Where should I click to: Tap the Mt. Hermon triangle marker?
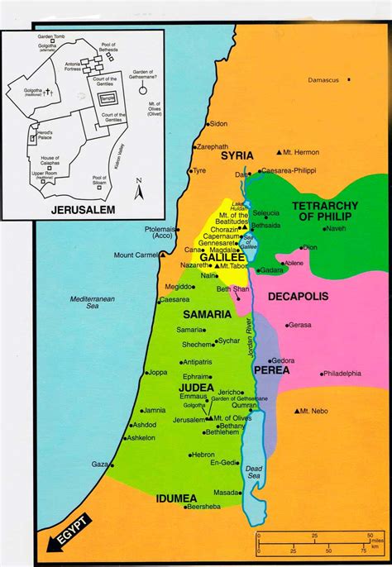coord(279,154)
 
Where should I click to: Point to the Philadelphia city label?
coord(342,374)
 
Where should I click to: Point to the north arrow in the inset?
coord(138,185)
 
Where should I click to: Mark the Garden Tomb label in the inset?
coord(50,37)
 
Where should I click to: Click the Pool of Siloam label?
coord(99,180)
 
